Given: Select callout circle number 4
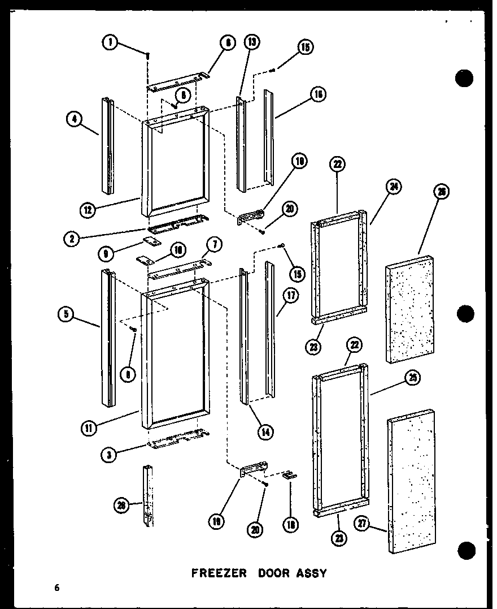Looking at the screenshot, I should point(73,119).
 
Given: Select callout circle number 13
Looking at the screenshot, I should point(251,42).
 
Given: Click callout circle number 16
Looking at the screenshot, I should point(319,94).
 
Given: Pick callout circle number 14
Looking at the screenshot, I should point(264,431).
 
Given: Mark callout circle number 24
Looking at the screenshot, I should point(394,186).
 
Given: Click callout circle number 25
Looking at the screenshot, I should point(413,379).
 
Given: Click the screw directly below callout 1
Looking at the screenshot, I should point(147,56).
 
